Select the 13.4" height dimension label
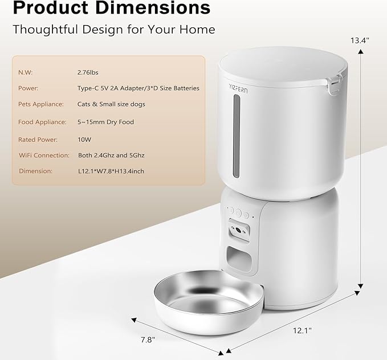click(x=360, y=40)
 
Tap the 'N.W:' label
click(x=26, y=72)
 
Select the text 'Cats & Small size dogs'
click(x=111, y=105)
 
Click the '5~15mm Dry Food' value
click(x=105, y=122)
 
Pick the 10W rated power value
click(x=85, y=138)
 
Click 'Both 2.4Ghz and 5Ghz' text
click(x=111, y=154)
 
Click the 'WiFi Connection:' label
click(x=44, y=154)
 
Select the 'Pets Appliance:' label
click(x=41, y=105)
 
